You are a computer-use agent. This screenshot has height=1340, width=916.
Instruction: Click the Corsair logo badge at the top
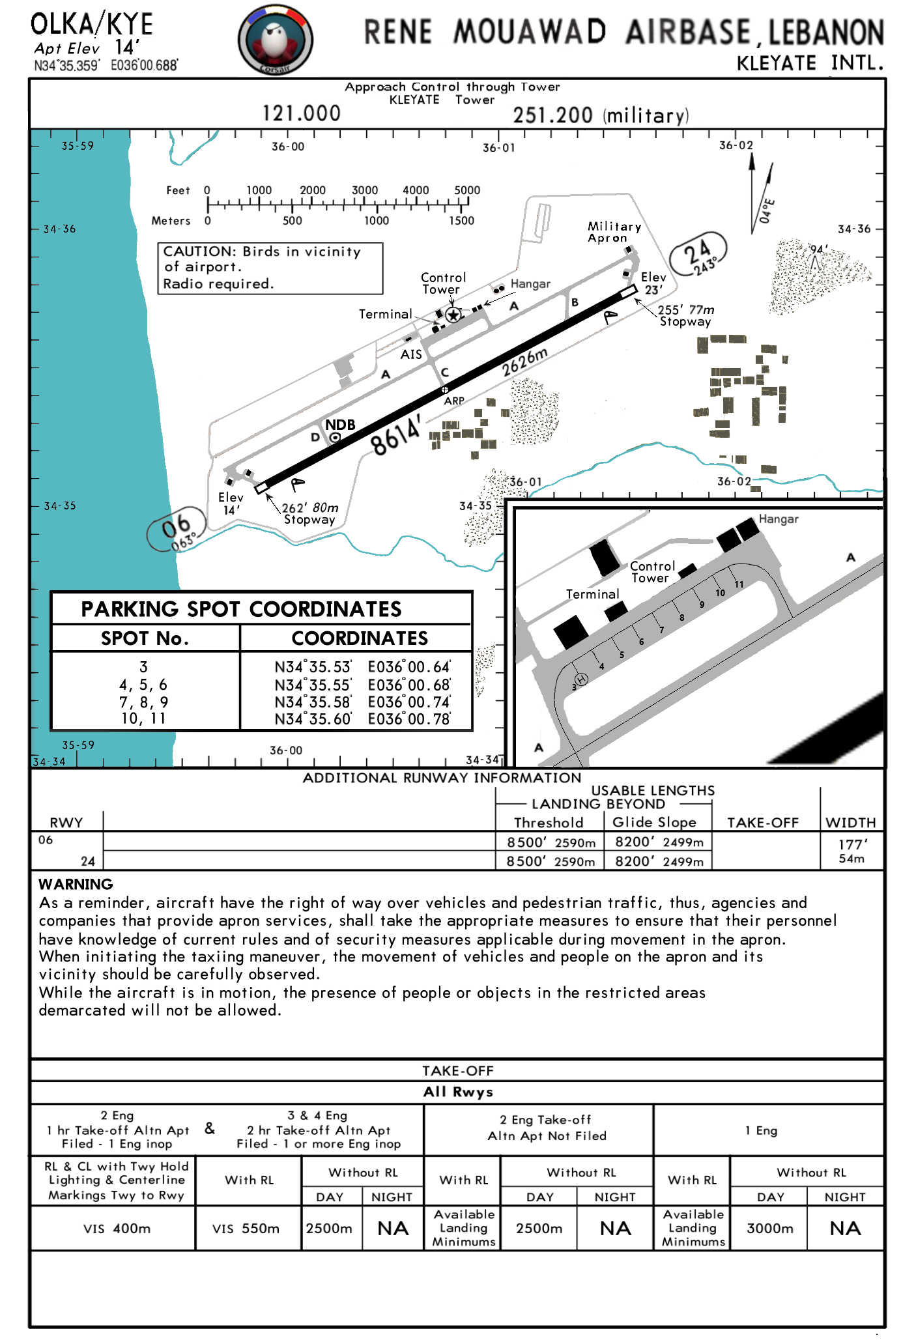[x=275, y=39]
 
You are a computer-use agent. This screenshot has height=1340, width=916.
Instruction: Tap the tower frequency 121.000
[x=301, y=113]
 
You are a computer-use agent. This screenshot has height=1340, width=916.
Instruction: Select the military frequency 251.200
[x=552, y=115]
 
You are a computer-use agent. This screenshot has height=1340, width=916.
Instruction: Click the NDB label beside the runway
[x=340, y=425]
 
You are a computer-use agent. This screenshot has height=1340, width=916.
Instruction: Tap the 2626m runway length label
[x=524, y=362]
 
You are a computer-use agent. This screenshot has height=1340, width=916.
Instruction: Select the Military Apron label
[x=614, y=232]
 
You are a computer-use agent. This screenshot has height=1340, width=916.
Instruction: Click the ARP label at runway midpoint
[x=454, y=401]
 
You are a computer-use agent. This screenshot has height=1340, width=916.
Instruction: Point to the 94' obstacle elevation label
[x=818, y=249]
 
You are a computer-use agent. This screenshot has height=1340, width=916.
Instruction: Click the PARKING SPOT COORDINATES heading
[x=241, y=609]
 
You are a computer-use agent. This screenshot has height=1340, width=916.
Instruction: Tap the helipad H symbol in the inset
[x=581, y=679]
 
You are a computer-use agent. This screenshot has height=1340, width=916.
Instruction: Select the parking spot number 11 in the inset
[x=739, y=584]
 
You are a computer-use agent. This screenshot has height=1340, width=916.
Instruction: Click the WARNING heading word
[x=76, y=884]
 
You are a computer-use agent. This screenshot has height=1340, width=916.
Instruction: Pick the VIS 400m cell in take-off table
[x=117, y=1229]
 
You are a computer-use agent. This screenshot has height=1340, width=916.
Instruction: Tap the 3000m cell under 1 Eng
[x=769, y=1229]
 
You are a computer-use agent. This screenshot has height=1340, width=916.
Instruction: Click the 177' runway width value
[x=852, y=845]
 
